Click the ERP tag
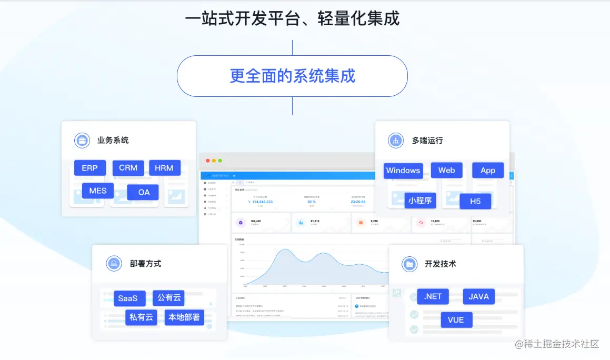tap(90, 168)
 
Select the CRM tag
tap(128, 168)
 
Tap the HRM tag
tap(165, 168)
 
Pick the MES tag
tap(98, 191)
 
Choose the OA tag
tap(144, 192)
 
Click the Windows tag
tap(403, 171)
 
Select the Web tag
tap(446, 171)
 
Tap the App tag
tap(488, 171)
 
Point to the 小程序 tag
tap(420, 201)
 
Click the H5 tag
tap(475, 202)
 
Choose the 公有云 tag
tap(169, 298)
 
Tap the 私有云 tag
tap(141, 317)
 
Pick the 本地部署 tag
tap(184, 317)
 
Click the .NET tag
tap(433, 296)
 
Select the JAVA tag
tap(479, 296)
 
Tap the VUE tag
tap(456, 320)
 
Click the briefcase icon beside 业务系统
tap(82, 141)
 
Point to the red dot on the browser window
tap(208, 161)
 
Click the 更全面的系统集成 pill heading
tap(292, 76)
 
